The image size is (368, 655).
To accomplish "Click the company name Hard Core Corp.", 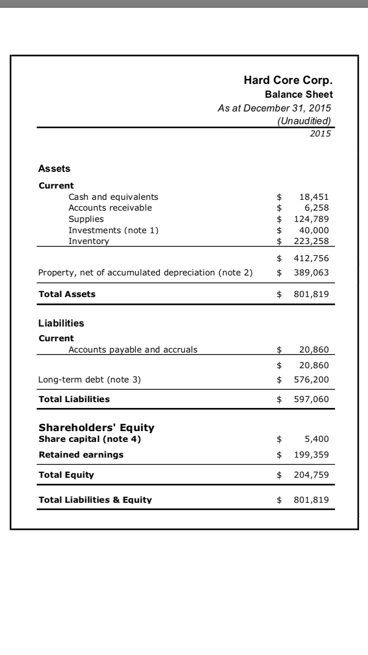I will [x=288, y=81].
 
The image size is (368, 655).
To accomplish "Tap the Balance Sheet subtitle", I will [x=299, y=94].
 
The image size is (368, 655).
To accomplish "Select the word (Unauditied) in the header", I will [x=304, y=121].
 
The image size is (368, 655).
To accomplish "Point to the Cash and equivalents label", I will [x=113, y=197].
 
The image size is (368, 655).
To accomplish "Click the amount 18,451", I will [x=314, y=197].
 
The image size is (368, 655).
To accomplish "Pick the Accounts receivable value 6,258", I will [x=317, y=208].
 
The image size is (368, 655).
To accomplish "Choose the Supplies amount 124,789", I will [x=311, y=219].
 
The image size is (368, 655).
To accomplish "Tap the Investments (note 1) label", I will [x=113, y=230].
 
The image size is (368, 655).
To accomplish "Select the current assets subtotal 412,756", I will [x=311, y=258].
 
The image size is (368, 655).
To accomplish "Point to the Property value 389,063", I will [x=311, y=273].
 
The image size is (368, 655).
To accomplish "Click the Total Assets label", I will [x=67, y=294].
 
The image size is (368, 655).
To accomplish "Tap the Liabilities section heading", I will [x=61, y=323].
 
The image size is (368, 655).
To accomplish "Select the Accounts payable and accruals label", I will [x=133, y=350].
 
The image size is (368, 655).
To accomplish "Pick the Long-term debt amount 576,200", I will [x=311, y=380].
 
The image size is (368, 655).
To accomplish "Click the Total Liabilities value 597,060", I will [x=311, y=399].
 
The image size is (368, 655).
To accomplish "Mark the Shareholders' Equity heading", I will [x=97, y=427].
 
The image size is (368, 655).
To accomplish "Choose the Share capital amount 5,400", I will [x=317, y=439].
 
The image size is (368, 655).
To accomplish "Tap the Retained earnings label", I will [x=81, y=455].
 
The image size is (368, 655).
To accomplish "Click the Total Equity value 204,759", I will [x=311, y=475].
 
